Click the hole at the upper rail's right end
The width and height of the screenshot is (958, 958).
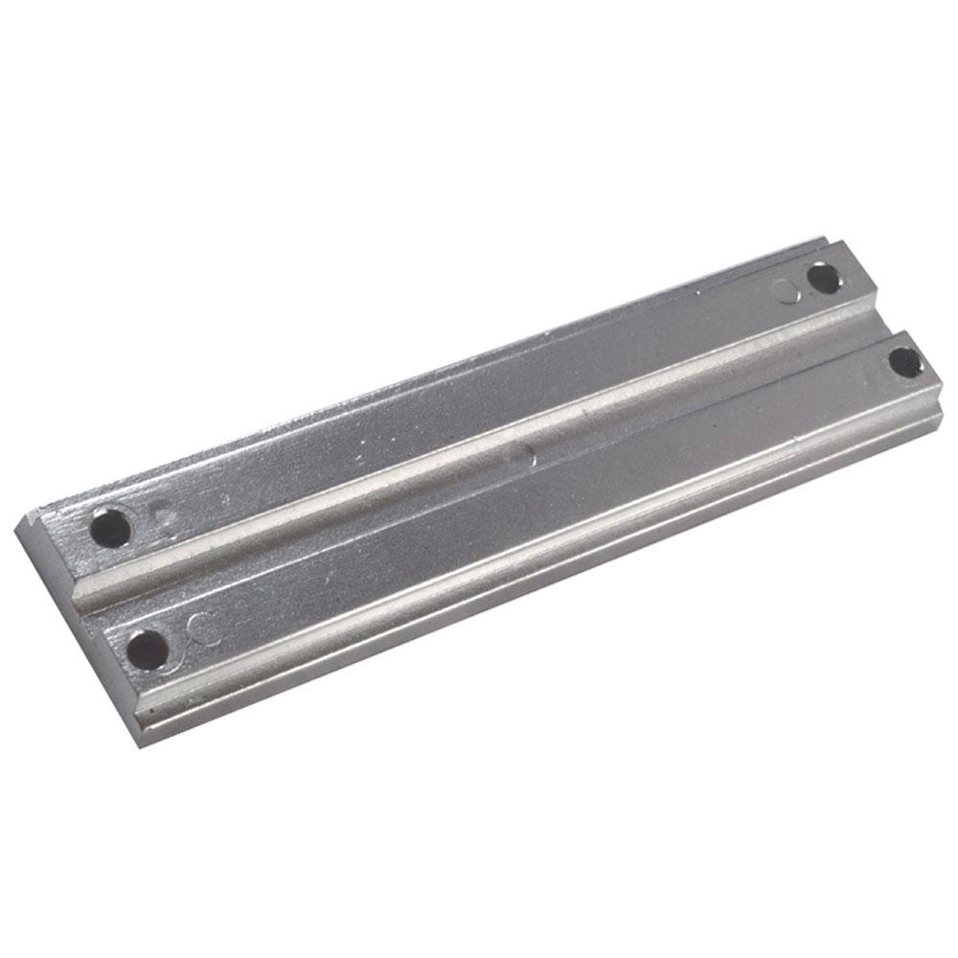click(823, 278)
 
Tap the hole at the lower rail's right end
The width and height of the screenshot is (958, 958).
click(904, 362)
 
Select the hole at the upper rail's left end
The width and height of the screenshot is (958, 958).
click(111, 527)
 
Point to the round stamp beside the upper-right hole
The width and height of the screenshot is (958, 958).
click(787, 290)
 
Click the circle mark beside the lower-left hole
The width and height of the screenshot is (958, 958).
click(201, 627)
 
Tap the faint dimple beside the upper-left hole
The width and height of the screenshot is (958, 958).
click(166, 518)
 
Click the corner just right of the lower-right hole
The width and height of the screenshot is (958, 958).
click(940, 383)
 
